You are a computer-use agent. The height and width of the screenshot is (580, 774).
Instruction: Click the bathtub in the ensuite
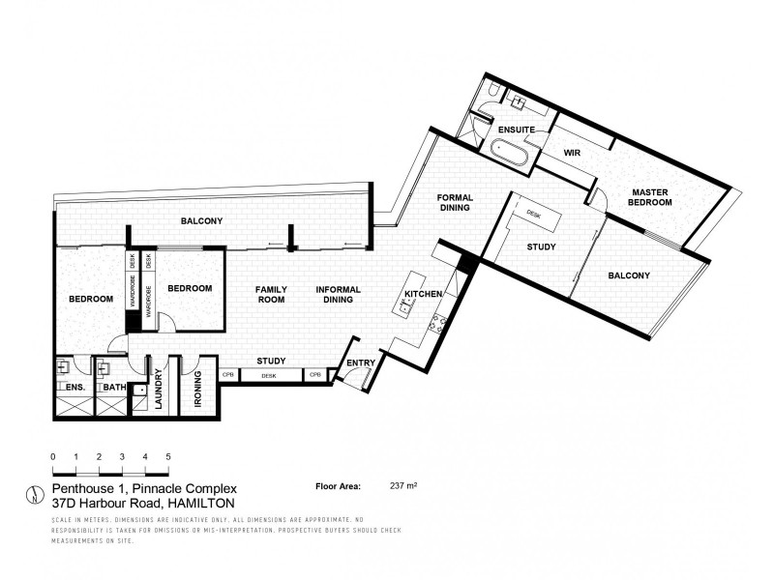pos(508,152)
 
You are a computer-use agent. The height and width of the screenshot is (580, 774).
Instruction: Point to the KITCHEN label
pos(424,293)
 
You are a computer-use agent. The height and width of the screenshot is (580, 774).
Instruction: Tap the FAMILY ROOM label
pos(270,295)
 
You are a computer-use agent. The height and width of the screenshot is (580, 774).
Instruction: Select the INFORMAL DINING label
pos(338,295)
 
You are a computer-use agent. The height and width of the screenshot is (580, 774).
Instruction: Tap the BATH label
pos(113,388)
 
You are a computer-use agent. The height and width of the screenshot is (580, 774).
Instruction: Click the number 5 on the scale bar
pos(168,455)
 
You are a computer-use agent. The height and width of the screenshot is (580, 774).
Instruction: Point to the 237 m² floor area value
pos(402,487)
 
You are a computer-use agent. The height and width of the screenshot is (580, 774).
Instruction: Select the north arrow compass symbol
pos(35,496)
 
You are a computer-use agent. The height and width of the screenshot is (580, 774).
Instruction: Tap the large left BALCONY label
pos(201,221)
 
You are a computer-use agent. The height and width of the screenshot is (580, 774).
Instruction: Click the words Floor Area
pos(338,487)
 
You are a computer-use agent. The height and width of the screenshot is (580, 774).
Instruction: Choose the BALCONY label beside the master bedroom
pos(630,275)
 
